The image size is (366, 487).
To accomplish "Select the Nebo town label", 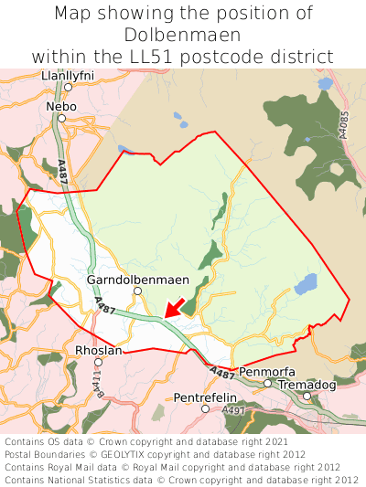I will point(61,106).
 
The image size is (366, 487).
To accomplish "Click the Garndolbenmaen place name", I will point(137,279).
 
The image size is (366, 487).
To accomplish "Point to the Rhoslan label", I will point(98,350).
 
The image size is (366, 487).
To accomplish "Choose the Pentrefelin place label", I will point(205,397).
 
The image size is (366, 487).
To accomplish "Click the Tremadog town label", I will point(307,385).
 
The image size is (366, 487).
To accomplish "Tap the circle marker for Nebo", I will point(61,118).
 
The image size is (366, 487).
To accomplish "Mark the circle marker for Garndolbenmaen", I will point(137,291).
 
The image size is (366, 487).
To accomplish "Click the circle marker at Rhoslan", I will point(98,362).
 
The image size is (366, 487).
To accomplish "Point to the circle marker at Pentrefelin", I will point(205,408).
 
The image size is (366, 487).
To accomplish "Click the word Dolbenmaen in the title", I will point(183,36).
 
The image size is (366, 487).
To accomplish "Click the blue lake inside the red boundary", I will point(306,284).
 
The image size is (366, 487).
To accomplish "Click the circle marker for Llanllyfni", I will point(69,87).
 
